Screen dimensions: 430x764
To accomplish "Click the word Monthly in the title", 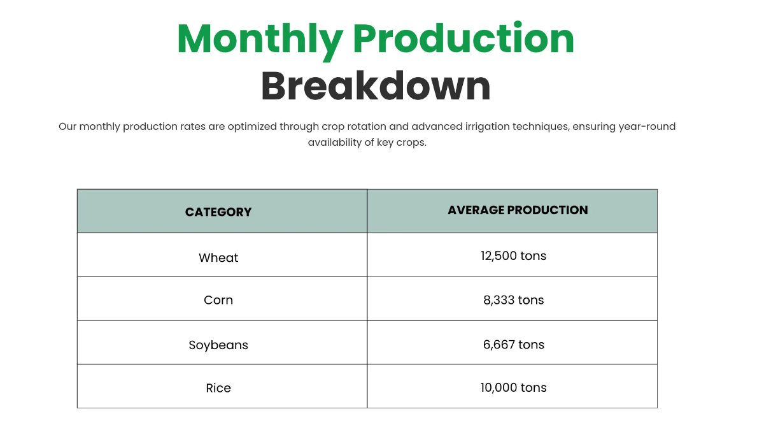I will (260, 39).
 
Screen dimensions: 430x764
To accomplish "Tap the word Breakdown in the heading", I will (376, 86).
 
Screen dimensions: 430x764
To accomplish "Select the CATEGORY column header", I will (218, 212).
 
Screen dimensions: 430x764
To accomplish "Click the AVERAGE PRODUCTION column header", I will (518, 210).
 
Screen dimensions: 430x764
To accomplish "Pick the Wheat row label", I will (218, 258).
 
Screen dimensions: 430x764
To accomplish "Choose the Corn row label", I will (218, 300).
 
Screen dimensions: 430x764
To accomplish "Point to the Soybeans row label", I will (218, 345).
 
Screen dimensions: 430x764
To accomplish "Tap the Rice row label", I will (218, 388).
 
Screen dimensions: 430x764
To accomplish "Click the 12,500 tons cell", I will (513, 256).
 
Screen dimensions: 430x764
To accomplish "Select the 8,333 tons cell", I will (513, 300).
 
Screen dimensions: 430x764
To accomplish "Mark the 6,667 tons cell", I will (513, 345).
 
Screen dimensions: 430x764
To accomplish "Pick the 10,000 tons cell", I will (513, 387).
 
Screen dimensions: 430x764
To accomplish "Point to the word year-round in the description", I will (647, 126).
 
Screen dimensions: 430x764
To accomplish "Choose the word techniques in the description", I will (539, 126).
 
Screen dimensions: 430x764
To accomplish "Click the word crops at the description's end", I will (411, 142).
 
